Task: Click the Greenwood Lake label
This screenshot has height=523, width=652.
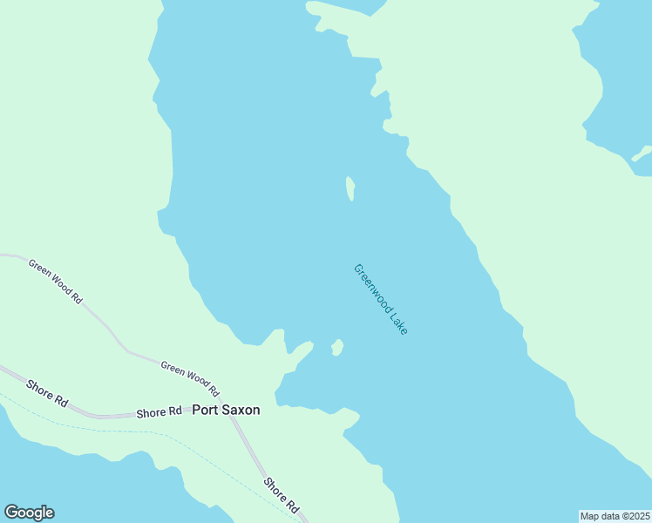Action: (x=380, y=299)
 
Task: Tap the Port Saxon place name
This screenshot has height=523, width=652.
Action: (x=226, y=410)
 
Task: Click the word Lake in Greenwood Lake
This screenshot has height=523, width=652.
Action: (x=397, y=322)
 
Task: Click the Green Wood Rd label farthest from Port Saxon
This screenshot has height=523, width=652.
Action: (x=55, y=281)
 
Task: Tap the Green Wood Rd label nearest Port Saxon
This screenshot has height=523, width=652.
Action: (x=189, y=378)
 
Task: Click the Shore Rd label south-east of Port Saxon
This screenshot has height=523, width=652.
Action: (x=282, y=494)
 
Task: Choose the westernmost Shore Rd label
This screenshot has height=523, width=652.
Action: (x=47, y=392)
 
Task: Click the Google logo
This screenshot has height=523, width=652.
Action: (x=29, y=513)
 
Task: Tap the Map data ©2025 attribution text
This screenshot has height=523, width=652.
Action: (x=615, y=516)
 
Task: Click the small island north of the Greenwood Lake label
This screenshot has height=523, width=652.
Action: (x=350, y=188)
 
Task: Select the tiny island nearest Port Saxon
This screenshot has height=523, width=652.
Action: (x=337, y=348)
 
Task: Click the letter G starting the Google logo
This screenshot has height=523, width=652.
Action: (x=10, y=513)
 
